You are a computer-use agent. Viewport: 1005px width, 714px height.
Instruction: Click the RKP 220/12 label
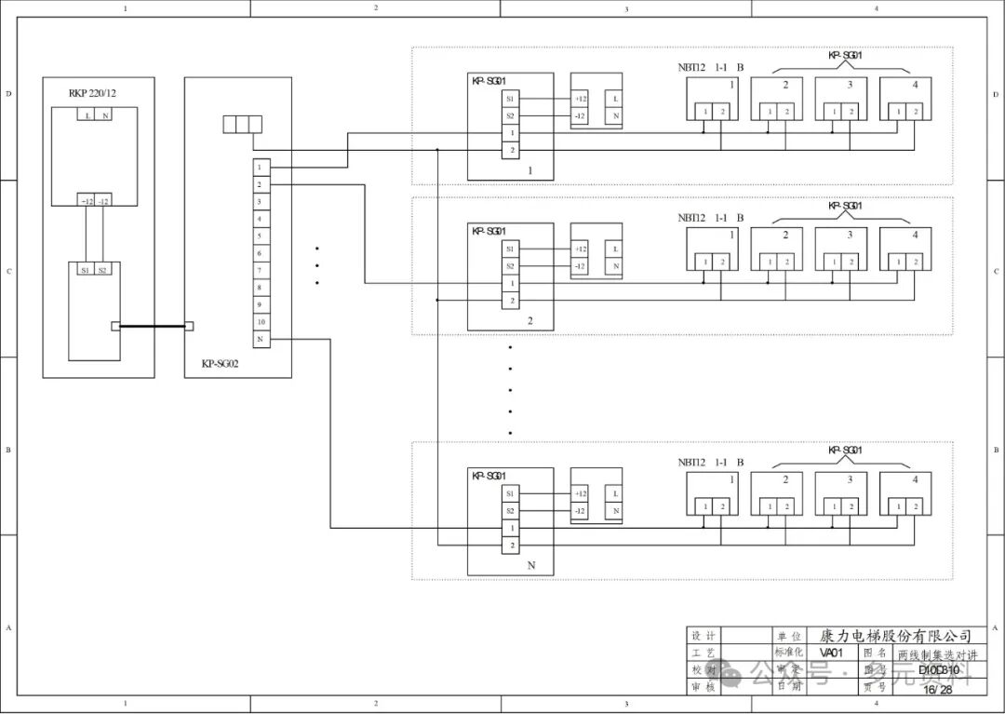click(x=92, y=93)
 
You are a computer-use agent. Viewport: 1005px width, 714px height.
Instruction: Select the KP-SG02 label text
click(x=221, y=364)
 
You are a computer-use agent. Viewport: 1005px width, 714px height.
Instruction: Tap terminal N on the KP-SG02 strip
click(x=260, y=340)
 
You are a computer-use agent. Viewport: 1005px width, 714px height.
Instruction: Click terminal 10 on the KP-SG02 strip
click(x=260, y=322)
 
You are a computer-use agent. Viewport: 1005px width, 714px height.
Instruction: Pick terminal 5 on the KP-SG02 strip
click(x=260, y=236)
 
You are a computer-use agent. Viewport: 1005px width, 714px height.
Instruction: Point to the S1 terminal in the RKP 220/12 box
click(x=85, y=270)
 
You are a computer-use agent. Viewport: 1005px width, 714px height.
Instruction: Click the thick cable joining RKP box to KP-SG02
click(x=153, y=326)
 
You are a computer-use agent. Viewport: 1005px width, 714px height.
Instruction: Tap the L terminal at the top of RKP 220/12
click(x=87, y=115)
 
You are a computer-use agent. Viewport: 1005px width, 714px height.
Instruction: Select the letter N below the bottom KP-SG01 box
click(x=530, y=565)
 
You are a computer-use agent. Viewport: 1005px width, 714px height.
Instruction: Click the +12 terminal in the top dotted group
click(x=580, y=99)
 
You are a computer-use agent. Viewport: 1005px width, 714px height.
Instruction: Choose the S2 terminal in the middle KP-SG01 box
click(x=510, y=266)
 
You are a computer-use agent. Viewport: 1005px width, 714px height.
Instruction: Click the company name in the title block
click(x=896, y=636)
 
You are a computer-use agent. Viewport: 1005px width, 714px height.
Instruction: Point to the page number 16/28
click(x=937, y=690)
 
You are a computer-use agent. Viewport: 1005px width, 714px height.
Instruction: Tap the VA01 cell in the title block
click(x=834, y=653)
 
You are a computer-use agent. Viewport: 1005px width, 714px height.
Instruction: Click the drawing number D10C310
click(x=937, y=669)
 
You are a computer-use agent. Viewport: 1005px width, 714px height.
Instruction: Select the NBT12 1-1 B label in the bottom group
click(x=711, y=462)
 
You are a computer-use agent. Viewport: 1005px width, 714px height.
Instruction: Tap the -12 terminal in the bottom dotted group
click(x=580, y=511)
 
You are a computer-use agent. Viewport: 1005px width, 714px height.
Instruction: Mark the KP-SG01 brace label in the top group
click(x=845, y=56)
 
